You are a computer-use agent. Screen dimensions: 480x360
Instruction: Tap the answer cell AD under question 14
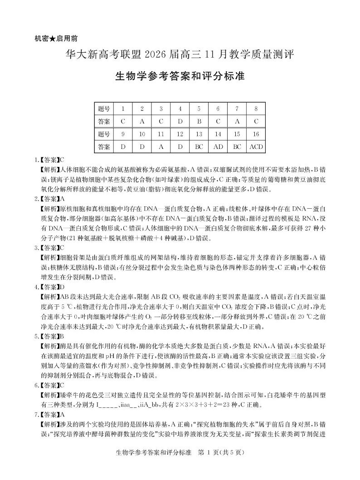tap(218, 147)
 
